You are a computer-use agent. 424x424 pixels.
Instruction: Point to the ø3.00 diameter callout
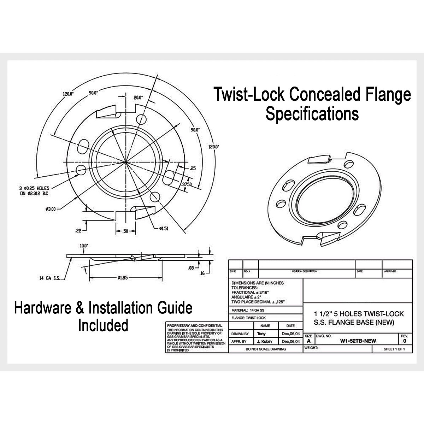pyautogui.click(x=51, y=209)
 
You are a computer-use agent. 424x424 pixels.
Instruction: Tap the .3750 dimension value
pyautogui.click(x=187, y=184)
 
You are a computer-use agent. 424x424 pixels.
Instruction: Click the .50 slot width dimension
pyautogui.click(x=126, y=231)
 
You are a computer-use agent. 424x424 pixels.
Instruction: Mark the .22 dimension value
pyautogui.click(x=78, y=231)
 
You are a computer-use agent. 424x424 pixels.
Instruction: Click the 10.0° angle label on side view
pyautogui.click(x=84, y=245)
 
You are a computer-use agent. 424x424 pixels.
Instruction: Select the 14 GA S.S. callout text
pyautogui.click(x=51, y=278)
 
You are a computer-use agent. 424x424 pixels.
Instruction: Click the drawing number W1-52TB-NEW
pyautogui.click(x=358, y=341)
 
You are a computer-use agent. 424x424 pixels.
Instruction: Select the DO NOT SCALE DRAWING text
pyautogui.click(x=265, y=349)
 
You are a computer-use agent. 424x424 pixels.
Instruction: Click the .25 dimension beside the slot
pyautogui.click(x=193, y=169)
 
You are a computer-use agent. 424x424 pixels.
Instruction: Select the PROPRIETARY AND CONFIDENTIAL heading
pyautogui.click(x=195, y=325)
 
